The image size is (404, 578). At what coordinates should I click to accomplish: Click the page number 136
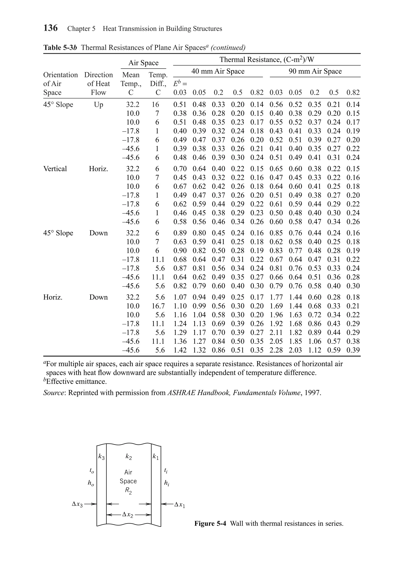tap(50, 28)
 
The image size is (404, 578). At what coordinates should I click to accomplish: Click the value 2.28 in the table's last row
tap(276, 350)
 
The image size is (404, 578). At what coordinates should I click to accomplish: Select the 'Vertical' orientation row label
tap(55, 169)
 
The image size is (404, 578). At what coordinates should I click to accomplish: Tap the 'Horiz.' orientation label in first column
tap(53, 297)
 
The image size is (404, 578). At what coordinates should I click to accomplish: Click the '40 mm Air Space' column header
tap(218, 71)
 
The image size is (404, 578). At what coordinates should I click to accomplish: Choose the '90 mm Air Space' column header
tap(315, 71)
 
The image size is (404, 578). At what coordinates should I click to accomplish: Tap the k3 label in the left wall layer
tap(101, 456)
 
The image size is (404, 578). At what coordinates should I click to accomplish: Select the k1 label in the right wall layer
tap(156, 456)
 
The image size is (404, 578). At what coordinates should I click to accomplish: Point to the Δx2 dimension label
tap(128, 515)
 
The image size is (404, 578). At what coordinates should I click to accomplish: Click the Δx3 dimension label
tap(77, 504)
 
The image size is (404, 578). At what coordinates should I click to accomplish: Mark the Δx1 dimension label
tap(180, 504)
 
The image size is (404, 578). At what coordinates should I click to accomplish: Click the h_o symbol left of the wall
tap(91, 483)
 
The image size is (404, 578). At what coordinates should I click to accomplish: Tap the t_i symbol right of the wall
tap(166, 470)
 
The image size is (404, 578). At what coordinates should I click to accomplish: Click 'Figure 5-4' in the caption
tap(210, 524)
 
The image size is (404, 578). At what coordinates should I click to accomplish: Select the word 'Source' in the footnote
tap(53, 393)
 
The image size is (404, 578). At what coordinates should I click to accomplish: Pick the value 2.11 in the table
tap(276, 332)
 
